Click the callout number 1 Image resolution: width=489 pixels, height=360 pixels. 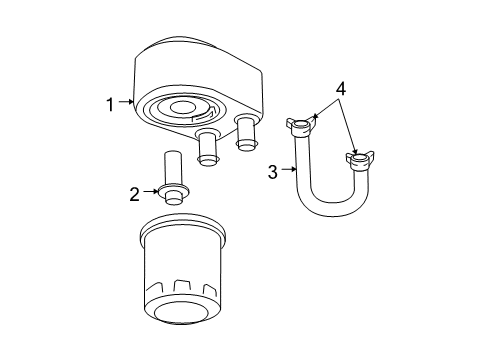[112, 101]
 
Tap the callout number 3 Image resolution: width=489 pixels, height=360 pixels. [272, 172]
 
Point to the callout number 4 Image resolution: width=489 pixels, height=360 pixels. [341, 89]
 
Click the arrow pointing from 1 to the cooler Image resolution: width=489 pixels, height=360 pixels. [126, 101]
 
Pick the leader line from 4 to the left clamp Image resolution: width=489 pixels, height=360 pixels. [322, 108]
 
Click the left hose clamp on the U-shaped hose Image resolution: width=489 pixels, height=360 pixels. [300, 127]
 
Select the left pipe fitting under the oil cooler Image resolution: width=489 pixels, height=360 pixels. [207, 146]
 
